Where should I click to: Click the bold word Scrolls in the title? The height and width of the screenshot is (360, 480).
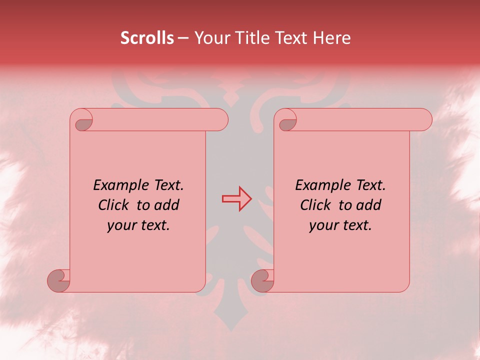[147, 38]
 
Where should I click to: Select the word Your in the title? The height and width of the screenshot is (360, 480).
[210, 38]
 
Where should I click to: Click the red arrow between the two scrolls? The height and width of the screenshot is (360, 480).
[236, 199]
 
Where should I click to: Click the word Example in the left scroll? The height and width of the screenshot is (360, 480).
[119, 185]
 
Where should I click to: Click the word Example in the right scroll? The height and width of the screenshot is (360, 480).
[321, 185]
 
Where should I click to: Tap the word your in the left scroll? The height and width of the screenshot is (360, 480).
[121, 225]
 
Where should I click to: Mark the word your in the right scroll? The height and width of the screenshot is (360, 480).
[323, 225]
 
